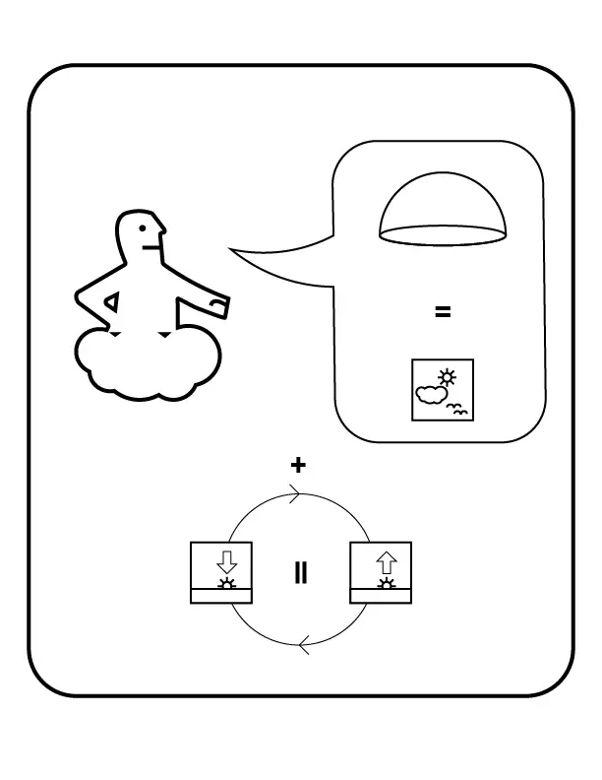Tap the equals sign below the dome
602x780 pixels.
point(443,312)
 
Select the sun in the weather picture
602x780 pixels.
point(449,376)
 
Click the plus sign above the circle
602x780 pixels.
point(299,465)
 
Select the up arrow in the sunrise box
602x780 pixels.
point(387,562)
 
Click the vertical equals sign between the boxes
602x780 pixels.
point(301,573)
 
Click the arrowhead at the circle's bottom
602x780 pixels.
point(304,647)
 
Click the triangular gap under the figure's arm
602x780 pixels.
point(114,303)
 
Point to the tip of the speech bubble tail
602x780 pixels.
point(232,249)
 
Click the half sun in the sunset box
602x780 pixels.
point(227,583)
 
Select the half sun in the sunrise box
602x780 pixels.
point(387,583)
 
